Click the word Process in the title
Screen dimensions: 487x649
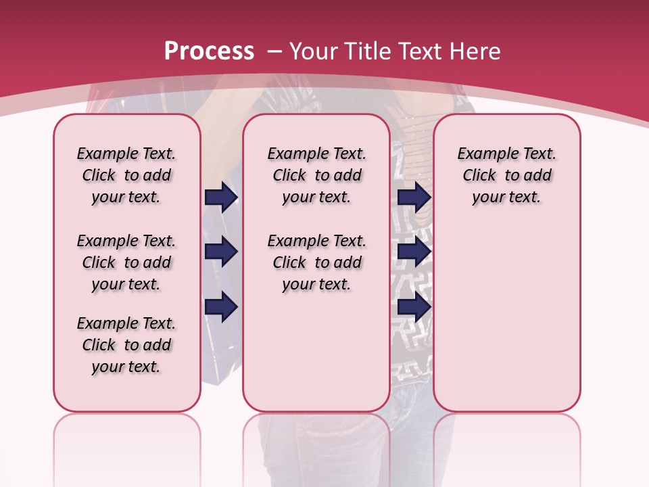pos(209,51)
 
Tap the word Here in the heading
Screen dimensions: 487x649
pos(475,51)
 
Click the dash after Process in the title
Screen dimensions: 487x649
pos(274,51)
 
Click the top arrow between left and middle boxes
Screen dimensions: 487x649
pos(221,198)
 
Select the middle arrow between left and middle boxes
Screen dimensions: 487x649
pos(221,252)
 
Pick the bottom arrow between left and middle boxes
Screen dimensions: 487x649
pos(221,307)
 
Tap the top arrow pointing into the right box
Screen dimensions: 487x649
pos(414,198)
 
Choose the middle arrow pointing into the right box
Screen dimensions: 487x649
pos(414,252)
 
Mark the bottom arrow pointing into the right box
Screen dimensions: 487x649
pos(414,307)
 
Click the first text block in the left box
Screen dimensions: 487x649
pos(126,175)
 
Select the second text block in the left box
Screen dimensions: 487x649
pos(126,262)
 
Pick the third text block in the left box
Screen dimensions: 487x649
pos(126,345)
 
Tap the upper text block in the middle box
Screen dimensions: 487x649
pos(317,175)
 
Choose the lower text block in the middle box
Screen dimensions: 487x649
pos(317,262)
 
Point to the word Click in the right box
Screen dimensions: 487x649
pos(479,175)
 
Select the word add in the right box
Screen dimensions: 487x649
pos(537,175)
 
